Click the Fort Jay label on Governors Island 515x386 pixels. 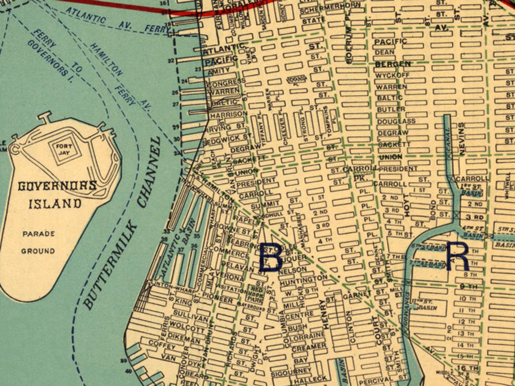coord(64,149)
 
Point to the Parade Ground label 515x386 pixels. coord(38,242)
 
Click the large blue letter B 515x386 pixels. coord(270,256)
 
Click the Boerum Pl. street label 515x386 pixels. coord(349,45)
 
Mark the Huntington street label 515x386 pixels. coord(304,280)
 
